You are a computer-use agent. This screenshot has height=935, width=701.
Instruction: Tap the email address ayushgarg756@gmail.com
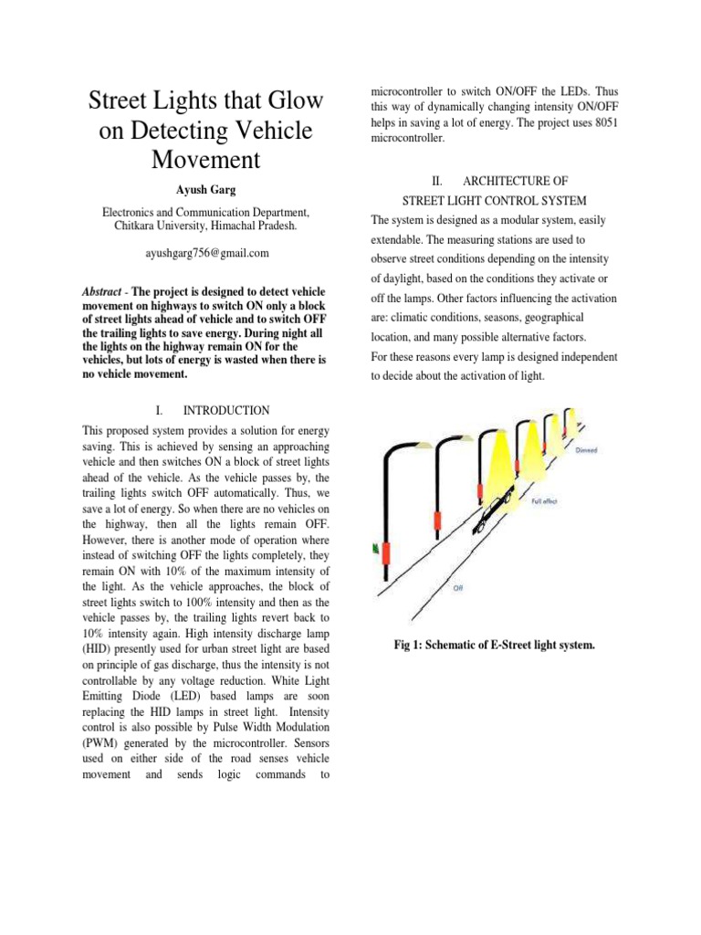tap(208, 252)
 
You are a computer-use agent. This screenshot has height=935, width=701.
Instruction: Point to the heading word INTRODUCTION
tap(227, 411)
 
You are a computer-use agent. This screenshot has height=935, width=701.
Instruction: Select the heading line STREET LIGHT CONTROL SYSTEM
tap(495, 200)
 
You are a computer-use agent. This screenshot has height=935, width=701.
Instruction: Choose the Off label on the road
tap(457, 589)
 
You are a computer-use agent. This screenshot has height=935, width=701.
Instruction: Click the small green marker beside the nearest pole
tap(376, 548)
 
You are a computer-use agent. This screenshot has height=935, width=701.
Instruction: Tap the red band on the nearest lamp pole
tap(387, 553)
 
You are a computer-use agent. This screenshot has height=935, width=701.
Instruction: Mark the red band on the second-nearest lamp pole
tap(436, 521)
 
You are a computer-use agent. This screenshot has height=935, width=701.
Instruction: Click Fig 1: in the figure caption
tap(412, 646)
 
